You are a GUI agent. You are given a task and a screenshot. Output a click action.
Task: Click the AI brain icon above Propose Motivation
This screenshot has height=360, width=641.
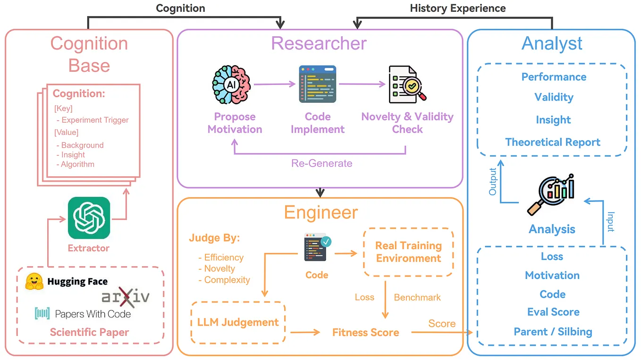[x=231, y=85]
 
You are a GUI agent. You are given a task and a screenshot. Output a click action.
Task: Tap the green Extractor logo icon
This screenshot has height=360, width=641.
[x=89, y=218]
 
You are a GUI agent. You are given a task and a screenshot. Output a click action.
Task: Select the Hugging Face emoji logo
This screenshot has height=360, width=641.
[x=35, y=282]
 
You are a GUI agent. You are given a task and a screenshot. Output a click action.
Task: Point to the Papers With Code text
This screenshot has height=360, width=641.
[x=93, y=314]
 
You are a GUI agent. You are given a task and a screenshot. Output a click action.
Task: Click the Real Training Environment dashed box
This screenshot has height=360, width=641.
[x=408, y=252]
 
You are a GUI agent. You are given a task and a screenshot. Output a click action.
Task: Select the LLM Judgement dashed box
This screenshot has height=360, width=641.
[x=238, y=323]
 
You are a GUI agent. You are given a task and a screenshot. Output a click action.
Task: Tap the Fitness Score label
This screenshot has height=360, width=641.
[x=365, y=332]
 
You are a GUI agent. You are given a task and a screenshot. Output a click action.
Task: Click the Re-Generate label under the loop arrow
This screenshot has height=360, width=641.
[x=321, y=163]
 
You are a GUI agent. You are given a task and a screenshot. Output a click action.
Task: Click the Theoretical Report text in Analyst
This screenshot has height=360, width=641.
[x=552, y=142]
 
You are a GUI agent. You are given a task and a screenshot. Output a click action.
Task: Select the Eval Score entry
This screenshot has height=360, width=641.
[x=553, y=312]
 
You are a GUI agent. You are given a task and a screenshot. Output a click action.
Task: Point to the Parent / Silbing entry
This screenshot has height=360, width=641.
[x=553, y=332]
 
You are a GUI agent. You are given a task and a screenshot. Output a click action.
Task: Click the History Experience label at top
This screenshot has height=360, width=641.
[x=457, y=8]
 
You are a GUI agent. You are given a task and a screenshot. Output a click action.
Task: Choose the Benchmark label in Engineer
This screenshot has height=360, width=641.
[x=417, y=297]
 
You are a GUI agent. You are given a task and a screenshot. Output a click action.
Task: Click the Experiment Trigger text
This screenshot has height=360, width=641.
[x=95, y=120]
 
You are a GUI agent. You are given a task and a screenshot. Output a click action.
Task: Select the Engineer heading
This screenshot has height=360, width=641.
[x=321, y=212]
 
